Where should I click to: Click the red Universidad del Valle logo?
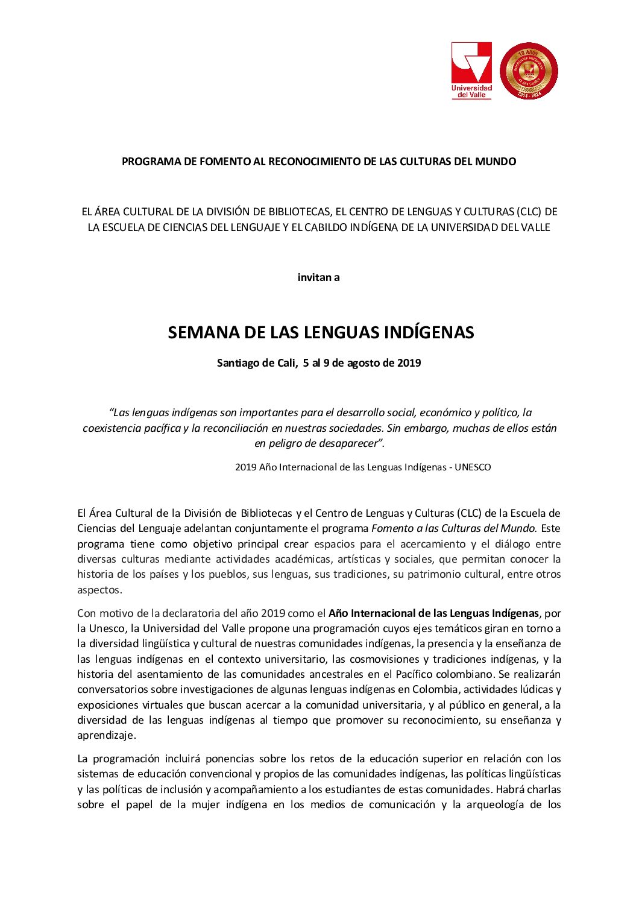[471, 70]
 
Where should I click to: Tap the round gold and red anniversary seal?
[529, 71]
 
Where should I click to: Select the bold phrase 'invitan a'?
[318, 277]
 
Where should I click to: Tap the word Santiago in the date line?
[239, 363]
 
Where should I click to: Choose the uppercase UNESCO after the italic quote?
[473, 467]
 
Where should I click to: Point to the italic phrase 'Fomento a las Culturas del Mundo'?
[453, 528]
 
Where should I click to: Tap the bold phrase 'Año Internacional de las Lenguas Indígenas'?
[433, 613]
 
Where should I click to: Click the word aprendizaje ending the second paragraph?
[105, 735]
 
